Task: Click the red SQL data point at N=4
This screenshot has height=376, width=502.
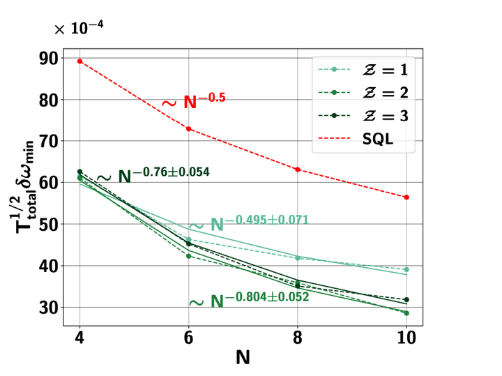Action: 79,61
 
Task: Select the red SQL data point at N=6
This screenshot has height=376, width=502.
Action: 188,129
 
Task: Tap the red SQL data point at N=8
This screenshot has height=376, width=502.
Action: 298,170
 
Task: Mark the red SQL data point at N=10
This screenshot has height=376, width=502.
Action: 406,197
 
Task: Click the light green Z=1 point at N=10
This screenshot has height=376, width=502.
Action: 406,269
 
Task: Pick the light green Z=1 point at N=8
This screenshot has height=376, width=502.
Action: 298,258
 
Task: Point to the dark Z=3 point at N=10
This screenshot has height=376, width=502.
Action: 406,299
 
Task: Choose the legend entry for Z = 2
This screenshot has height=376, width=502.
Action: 362,93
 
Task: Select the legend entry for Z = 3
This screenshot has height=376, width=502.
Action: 362,116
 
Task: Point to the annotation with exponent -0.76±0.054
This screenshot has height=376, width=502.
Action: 153,174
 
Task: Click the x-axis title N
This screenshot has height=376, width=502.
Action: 242,358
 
